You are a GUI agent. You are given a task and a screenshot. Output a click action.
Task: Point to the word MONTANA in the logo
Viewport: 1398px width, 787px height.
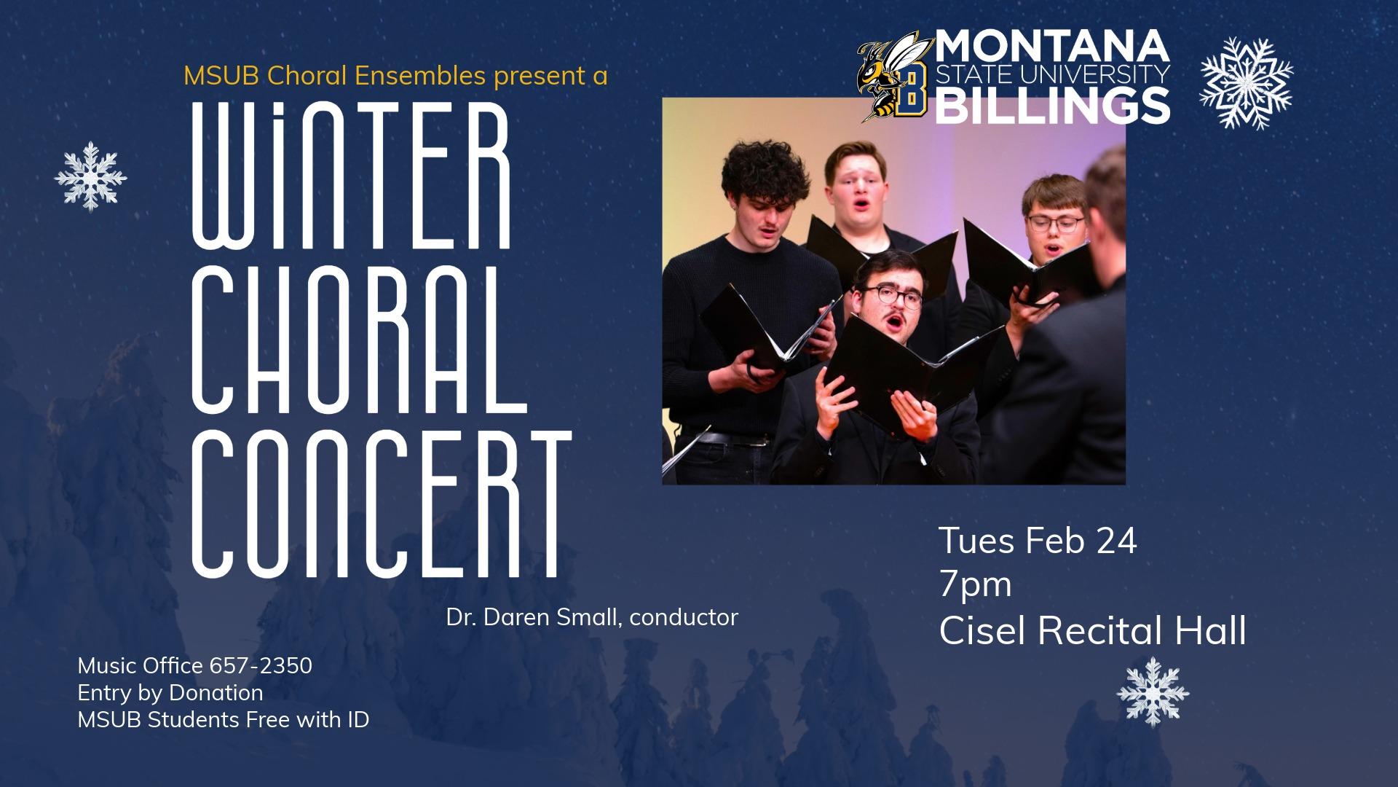[x=1052, y=47]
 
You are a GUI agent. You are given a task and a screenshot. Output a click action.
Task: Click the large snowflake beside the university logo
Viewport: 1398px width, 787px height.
[x=1247, y=82]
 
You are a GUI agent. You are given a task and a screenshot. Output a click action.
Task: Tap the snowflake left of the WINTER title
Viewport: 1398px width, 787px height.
[x=91, y=176]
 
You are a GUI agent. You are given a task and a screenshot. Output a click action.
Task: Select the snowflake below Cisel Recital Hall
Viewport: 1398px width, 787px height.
[x=1153, y=692]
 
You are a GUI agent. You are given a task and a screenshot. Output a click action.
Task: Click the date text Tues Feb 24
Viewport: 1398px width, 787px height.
[x=1038, y=541]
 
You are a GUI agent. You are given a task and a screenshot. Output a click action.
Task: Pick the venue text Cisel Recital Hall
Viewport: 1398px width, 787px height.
[x=1092, y=630]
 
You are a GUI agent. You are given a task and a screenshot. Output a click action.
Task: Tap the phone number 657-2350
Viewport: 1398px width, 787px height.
[x=261, y=665]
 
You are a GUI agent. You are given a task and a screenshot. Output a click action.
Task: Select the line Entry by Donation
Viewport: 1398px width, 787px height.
[x=170, y=692]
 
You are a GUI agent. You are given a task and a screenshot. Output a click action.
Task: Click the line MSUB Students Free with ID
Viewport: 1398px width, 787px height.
[x=224, y=720]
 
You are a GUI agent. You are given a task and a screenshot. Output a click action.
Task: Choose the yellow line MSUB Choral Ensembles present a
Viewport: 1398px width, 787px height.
[x=395, y=75]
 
